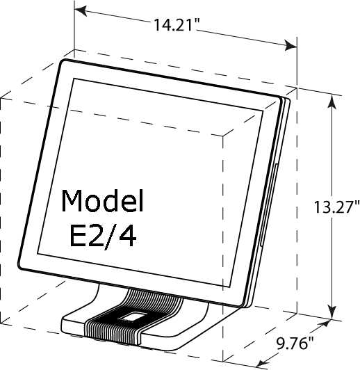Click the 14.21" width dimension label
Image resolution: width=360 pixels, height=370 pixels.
(177, 24)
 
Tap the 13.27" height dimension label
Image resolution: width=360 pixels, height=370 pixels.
(336, 207)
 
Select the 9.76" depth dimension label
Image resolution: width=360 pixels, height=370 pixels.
(295, 343)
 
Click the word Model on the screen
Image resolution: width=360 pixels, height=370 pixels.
(102, 200)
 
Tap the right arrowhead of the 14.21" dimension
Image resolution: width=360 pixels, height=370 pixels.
(291, 45)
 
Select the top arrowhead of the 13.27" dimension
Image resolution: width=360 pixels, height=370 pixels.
(332, 102)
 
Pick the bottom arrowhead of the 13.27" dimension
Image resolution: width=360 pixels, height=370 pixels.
(332, 313)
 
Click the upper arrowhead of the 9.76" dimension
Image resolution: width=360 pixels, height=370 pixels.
(324, 323)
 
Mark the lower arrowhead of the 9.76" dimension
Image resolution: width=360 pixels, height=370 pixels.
(263, 362)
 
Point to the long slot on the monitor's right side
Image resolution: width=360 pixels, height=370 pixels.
(268, 204)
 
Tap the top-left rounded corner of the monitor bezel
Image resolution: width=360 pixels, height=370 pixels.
(63, 62)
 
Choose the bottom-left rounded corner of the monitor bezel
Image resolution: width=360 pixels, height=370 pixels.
(22, 266)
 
